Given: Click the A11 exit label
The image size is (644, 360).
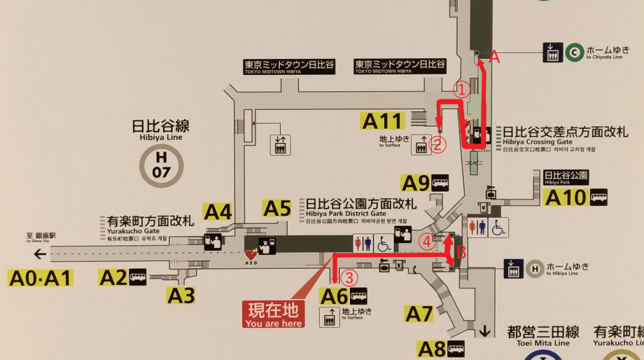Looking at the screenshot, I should (382, 120).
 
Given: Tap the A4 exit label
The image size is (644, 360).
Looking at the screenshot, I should (217, 211).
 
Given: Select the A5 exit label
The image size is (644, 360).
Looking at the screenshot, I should (276, 207).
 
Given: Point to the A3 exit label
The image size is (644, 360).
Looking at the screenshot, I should (181, 296).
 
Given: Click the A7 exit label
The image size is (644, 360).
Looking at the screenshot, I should (419, 314).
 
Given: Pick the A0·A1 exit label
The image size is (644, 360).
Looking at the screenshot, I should (41, 278).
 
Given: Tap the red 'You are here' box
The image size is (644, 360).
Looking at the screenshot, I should (274, 314).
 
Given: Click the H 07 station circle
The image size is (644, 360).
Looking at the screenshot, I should (162, 167).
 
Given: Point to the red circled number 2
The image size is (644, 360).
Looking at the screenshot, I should (438, 145).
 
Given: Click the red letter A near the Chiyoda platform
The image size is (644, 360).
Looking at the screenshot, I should (494, 58).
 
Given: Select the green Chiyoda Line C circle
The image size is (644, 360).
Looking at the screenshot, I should (574, 51).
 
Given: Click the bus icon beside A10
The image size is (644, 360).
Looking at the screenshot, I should (598, 198).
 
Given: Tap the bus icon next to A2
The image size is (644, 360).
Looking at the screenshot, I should (138, 277).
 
